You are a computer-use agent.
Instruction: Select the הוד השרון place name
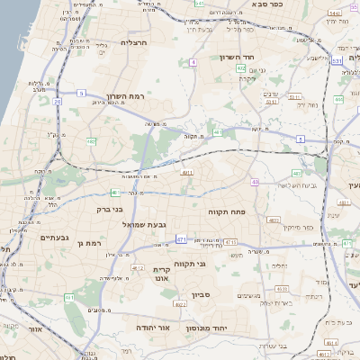[x=263, y=57]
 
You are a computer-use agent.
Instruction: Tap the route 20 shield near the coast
[x=58, y=102]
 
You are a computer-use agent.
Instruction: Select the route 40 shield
[x=256, y=182]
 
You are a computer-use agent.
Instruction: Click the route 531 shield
[x=337, y=61]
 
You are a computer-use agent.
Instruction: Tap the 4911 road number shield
[x=187, y=172]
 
